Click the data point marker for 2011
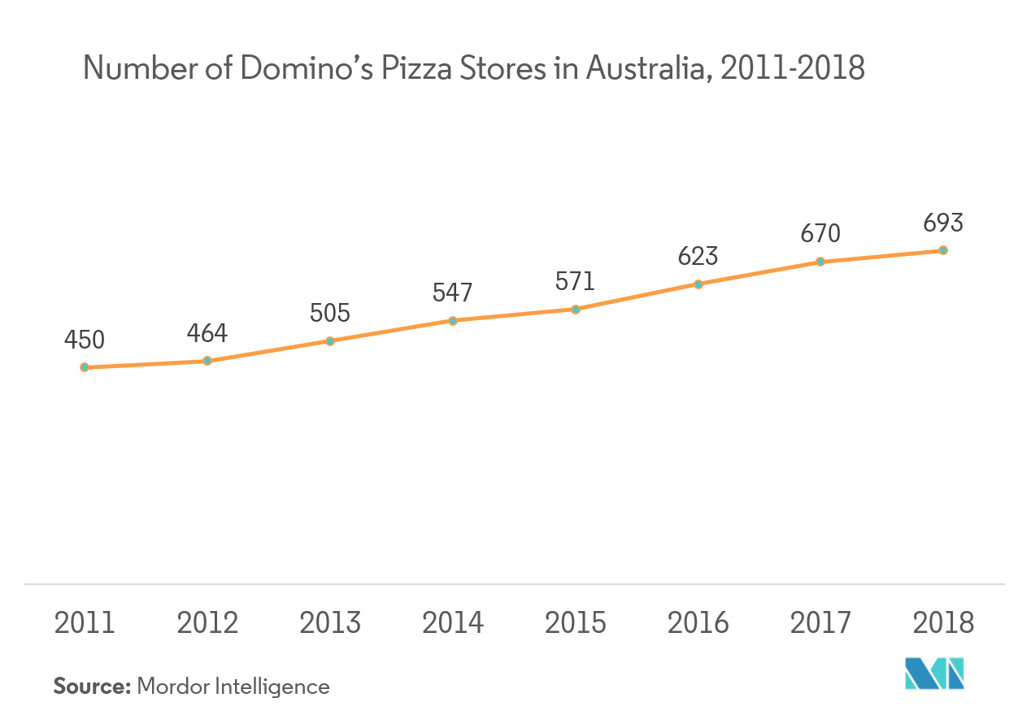coord(85,367)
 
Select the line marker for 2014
coord(453,320)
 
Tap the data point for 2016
coord(698,284)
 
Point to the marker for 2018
coord(943,250)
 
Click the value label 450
coord(85,340)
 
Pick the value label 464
coord(207,333)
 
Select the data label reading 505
coord(330,313)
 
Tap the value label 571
coord(576,281)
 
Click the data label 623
coord(698,256)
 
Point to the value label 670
coord(820,234)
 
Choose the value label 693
coord(943,223)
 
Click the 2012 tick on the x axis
coord(207,623)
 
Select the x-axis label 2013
coord(330,623)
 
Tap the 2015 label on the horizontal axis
coord(576,623)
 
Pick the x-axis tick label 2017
coord(820,623)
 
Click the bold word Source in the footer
coord(92,687)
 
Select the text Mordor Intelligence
coord(233,687)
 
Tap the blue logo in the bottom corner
coord(935,673)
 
